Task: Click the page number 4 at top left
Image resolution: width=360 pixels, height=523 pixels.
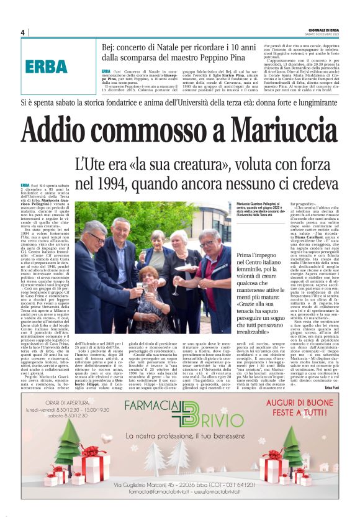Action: [22, 32]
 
